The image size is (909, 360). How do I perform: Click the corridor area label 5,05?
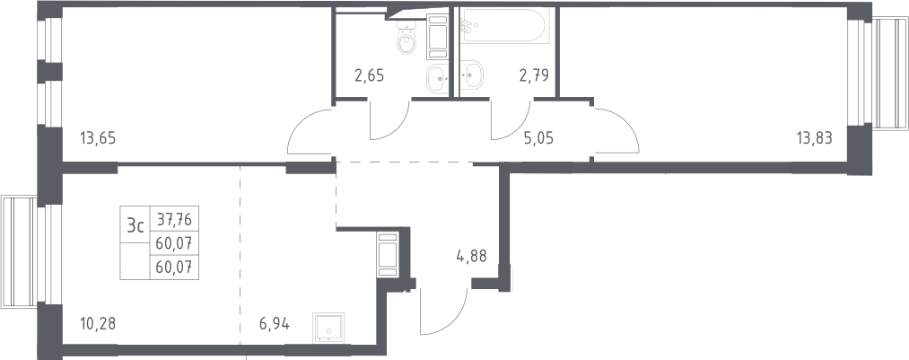(x=538, y=138)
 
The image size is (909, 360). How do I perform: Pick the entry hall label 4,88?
(x=471, y=255)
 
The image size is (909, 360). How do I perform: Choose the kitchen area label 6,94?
(x=274, y=323)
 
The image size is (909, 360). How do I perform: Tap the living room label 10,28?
(x=98, y=323)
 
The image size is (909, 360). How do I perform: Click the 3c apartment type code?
(x=135, y=225)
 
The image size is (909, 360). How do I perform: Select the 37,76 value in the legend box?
(x=174, y=219)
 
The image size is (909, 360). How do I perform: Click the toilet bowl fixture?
(x=407, y=37)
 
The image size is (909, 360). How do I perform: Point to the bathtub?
(x=502, y=25)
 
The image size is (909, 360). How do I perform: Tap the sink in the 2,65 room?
(x=438, y=79)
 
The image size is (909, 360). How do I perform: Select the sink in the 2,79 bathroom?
(x=471, y=75)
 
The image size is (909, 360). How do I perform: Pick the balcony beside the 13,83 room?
(x=890, y=74)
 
